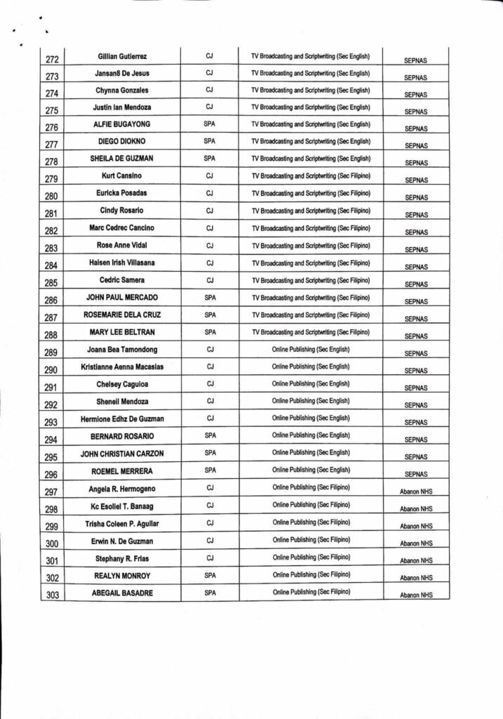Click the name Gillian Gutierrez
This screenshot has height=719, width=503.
122,56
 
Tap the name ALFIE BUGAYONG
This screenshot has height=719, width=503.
122,124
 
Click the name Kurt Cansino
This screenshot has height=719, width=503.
122,176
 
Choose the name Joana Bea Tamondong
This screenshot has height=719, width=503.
122,349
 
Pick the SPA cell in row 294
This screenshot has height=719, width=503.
210,435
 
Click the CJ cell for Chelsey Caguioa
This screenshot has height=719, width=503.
210,384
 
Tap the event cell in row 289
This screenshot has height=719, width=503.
310,349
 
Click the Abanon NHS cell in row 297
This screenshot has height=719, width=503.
416,492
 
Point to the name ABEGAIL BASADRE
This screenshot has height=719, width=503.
122,593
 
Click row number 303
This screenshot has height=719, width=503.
52,595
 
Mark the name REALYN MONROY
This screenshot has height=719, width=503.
122,575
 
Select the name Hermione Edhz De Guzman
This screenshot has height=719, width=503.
122,418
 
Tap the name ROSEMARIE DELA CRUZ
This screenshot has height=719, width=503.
122,315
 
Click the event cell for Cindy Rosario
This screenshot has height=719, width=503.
310,211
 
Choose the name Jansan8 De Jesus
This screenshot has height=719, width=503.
122,73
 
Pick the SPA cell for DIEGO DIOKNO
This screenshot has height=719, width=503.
210,141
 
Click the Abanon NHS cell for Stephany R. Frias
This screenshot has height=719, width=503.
416,560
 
